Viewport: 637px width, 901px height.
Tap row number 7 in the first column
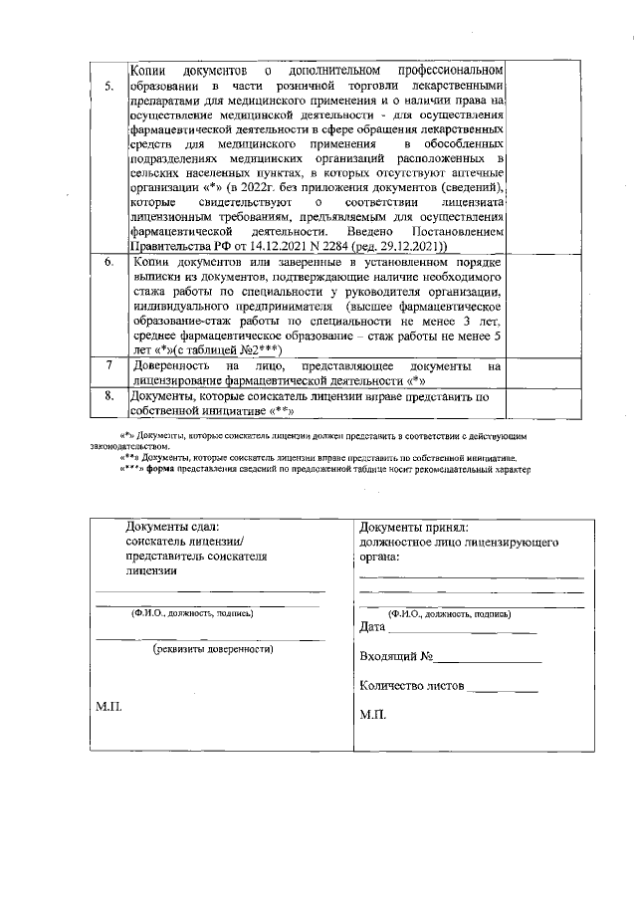pos(108,365)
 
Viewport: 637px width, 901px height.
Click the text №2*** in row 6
pos(260,350)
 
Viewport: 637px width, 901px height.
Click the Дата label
pos(371,627)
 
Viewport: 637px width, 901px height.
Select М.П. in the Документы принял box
pos(373,716)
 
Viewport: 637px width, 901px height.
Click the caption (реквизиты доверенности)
pos(212,648)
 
